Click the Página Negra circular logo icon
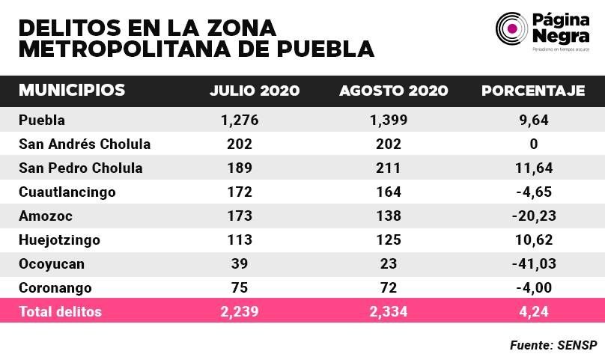coord(511,28)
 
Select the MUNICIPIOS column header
coord(72,90)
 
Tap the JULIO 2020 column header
coord(255,91)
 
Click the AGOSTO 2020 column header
coord(394,91)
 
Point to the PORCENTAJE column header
coord(533,91)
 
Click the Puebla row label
coord(42,120)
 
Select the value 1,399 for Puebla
coord(389,120)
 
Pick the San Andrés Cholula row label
coord(85,144)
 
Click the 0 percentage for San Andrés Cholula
coord(534,144)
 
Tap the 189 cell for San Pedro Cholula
coord(240,168)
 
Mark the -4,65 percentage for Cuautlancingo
coord(534,192)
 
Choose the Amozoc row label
coord(46,216)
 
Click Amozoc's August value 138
coord(389,216)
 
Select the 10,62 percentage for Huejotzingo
coord(534,240)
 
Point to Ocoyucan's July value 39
coord(240,263)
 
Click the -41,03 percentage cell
coord(534,263)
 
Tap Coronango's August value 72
coord(389,287)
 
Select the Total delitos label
coord(60,311)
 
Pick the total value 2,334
coord(389,311)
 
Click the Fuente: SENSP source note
coord(553,345)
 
